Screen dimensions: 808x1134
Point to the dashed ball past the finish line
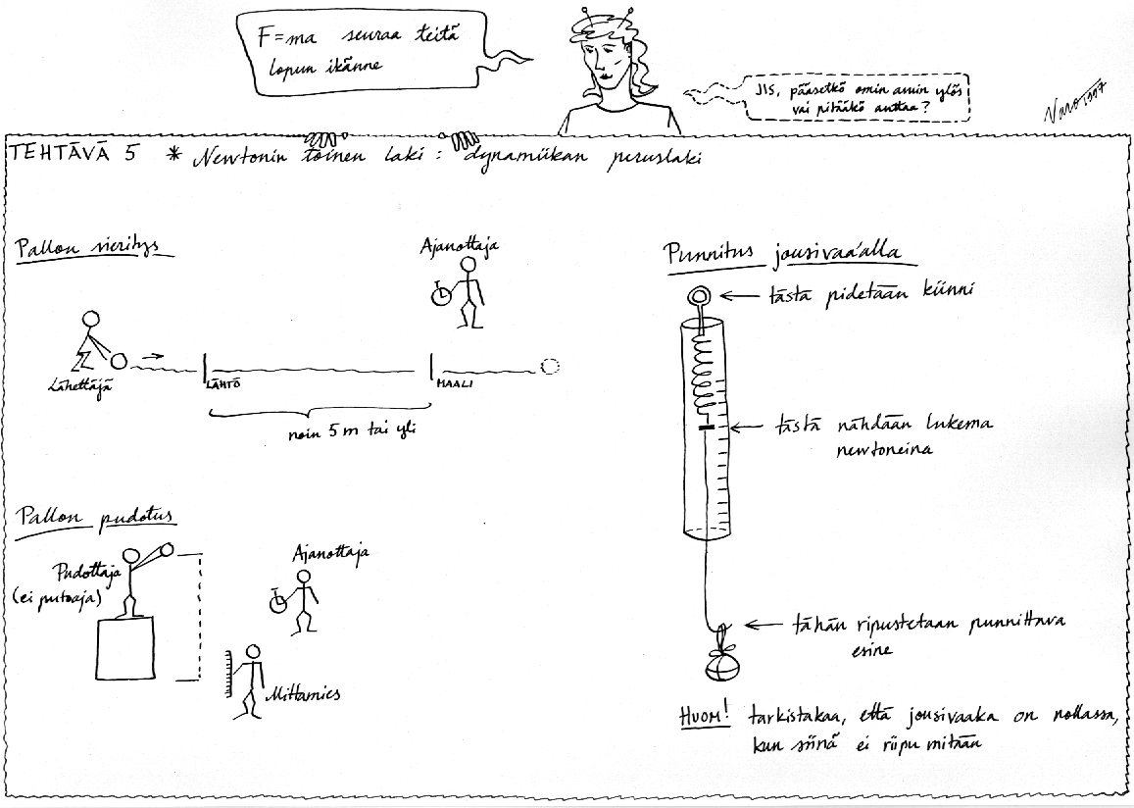[x=550, y=367]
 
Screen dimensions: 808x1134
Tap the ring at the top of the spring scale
[x=701, y=295]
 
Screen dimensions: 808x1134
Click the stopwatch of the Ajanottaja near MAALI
[x=441, y=293]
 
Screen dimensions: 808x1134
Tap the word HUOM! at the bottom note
[x=704, y=717]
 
